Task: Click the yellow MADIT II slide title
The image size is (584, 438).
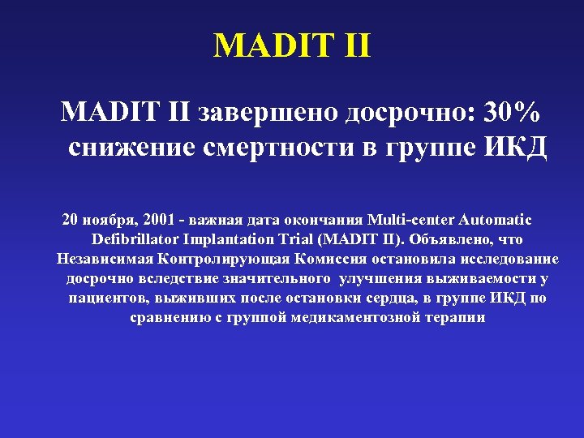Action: pos(292,45)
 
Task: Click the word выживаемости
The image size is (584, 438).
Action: pos(483,278)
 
